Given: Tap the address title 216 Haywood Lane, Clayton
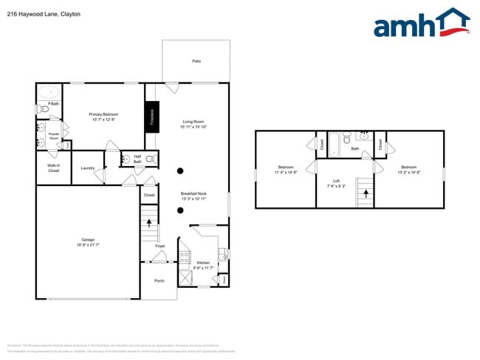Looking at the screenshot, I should click(x=44, y=14).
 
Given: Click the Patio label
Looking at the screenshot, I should click(x=196, y=61).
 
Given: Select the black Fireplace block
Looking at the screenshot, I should click(x=151, y=117).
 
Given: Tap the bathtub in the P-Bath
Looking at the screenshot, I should click(x=49, y=93).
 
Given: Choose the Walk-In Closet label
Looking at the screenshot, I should click(x=53, y=168).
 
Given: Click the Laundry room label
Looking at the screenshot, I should click(x=87, y=168).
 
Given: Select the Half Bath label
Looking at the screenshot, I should click(x=137, y=159).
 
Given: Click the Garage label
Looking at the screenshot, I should click(x=87, y=240).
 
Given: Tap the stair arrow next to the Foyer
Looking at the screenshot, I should click(x=150, y=222).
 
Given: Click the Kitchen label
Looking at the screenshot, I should click(x=203, y=263).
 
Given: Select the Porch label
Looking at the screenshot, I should click(x=159, y=280).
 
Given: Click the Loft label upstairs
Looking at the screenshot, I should click(x=336, y=181).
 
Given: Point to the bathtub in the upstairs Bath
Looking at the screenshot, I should click(x=334, y=143).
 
